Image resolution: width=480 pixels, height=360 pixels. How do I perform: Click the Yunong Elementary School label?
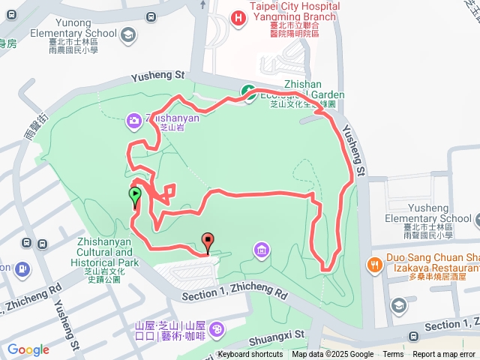pos(73,33)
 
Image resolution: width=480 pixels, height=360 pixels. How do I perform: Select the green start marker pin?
pos(135,197)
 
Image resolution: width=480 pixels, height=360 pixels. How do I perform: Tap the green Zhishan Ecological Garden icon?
pos(247,91)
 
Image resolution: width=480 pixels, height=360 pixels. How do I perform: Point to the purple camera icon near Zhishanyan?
pos(133,118)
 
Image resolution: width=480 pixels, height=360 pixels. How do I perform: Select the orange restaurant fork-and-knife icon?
pos(373,264)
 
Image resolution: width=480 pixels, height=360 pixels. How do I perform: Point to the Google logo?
pos(28,349)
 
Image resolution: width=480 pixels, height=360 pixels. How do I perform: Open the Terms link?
pos(393,355)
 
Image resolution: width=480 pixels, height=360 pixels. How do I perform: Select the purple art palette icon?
pos(216,329)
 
